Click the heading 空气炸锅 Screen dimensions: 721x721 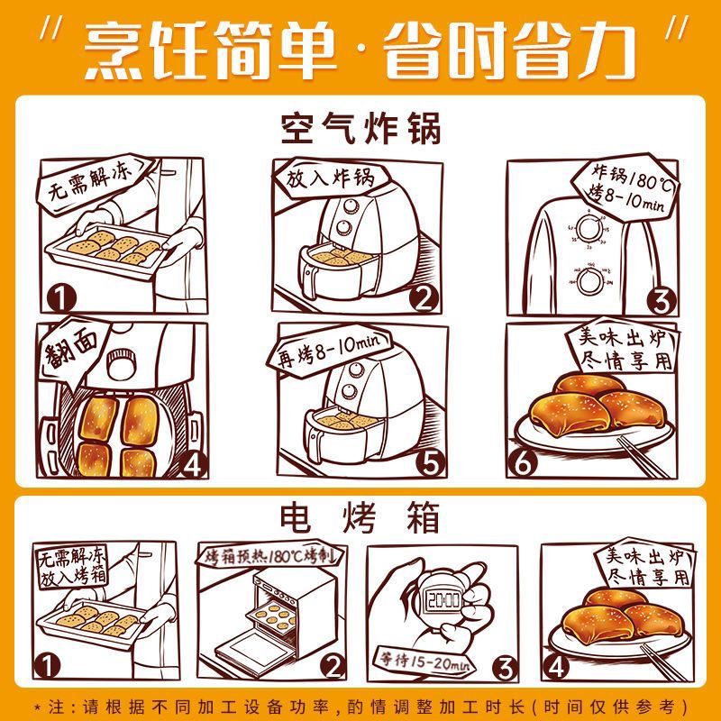(361, 128)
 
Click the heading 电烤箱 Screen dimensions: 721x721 (360, 517)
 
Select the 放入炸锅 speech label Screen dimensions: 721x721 (330, 178)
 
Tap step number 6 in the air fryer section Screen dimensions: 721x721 (522, 462)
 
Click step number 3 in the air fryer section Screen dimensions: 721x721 (662, 301)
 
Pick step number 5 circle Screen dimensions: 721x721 (431, 462)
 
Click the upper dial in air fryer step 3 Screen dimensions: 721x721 (589, 228)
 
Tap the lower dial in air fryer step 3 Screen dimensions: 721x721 (590, 281)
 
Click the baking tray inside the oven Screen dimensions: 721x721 (270, 616)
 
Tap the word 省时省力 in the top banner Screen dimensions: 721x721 (509, 50)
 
